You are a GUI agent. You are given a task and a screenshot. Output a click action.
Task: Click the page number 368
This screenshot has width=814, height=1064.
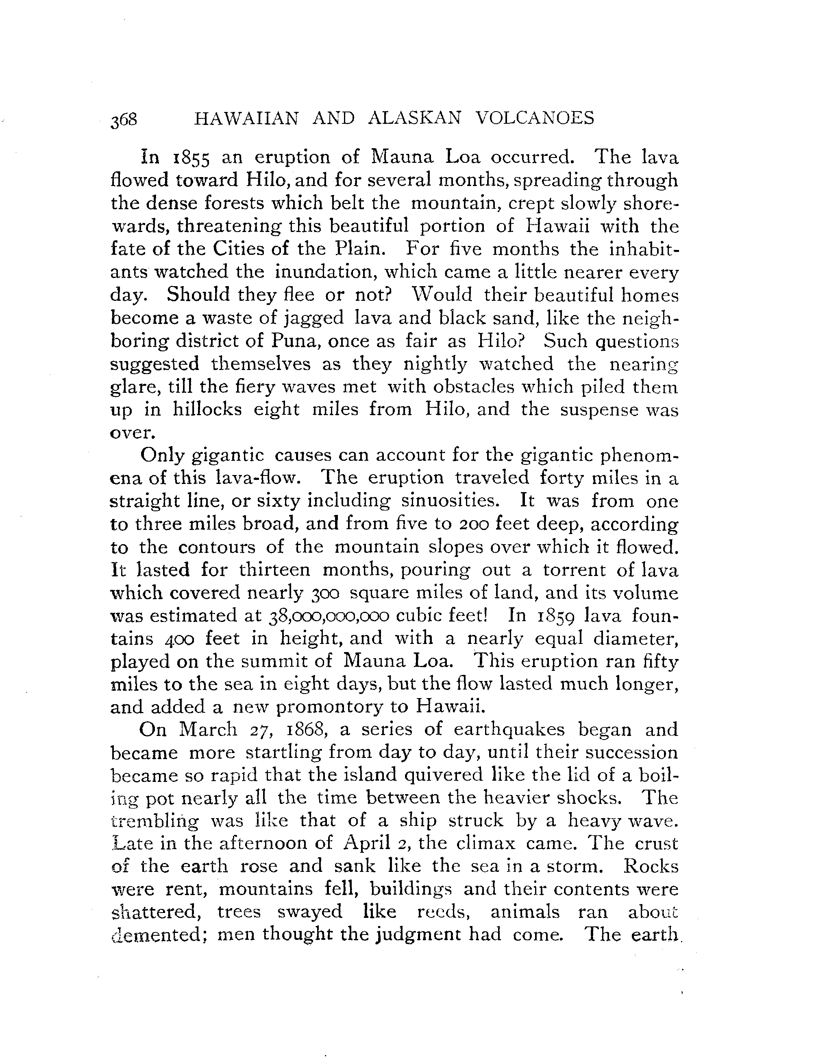tap(124, 119)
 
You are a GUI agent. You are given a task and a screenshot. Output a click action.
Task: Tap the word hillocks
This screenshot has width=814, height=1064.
tap(207, 410)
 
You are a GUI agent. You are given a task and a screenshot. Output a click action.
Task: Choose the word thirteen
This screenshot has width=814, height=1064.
tap(274, 569)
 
